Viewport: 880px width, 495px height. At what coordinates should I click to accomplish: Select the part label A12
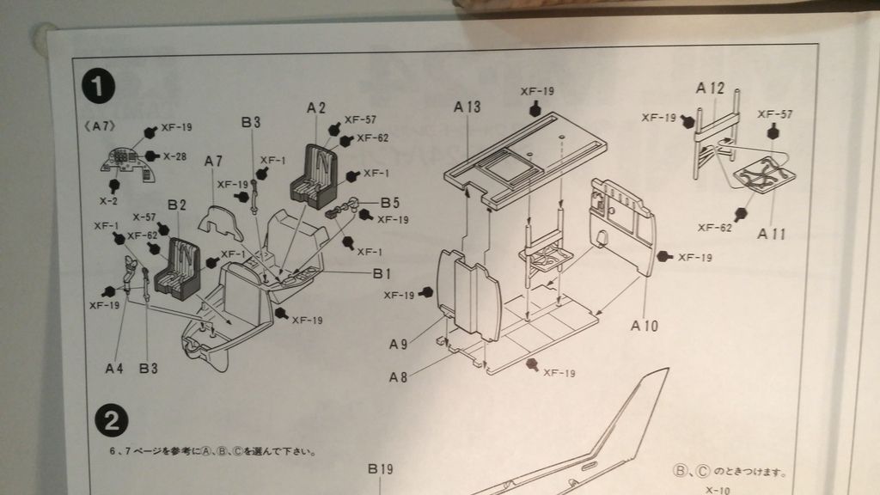(x=711, y=89)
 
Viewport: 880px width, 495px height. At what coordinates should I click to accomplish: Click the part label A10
(x=645, y=326)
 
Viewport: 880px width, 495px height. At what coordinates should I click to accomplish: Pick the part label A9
(x=398, y=344)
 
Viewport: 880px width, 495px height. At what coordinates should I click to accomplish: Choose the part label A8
(x=398, y=376)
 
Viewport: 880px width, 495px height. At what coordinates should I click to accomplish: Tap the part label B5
(x=391, y=203)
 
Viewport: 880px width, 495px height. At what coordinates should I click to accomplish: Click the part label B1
(x=382, y=273)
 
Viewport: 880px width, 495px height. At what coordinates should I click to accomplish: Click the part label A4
(x=115, y=368)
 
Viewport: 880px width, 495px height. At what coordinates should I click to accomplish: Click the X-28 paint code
(x=174, y=156)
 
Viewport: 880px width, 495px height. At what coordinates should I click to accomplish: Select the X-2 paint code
(x=109, y=200)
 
